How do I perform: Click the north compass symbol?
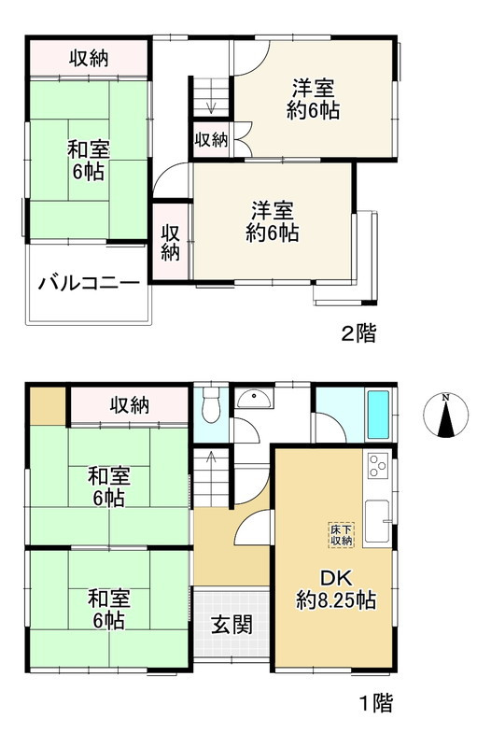pyautogui.click(x=445, y=416)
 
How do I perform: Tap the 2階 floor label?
pyautogui.click(x=359, y=333)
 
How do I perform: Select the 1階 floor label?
pyautogui.click(x=372, y=703)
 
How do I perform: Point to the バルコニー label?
pyautogui.click(x=89, y=284)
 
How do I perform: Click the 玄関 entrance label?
pyautogui.click(x=231, y=625)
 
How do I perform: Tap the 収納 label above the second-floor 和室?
pyautogui.click(x=90, y=58)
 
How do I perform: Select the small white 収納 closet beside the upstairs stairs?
pyautogui.click(x=211, y=140)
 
